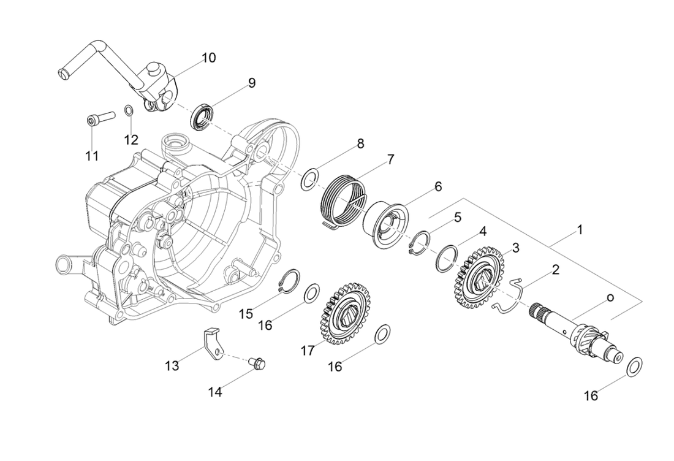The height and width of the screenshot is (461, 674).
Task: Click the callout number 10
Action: pyautogui.click(x=208, y=58)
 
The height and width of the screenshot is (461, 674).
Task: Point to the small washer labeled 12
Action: pyautogui.click(x=129, y=110)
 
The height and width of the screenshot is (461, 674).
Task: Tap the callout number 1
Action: pyautogui.click(x=579, y=230)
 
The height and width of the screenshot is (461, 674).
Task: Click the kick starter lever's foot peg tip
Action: pyautogui.click(x=61, y=75)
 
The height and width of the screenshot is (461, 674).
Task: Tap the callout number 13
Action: pyautogui.click(x=172, y=366)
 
